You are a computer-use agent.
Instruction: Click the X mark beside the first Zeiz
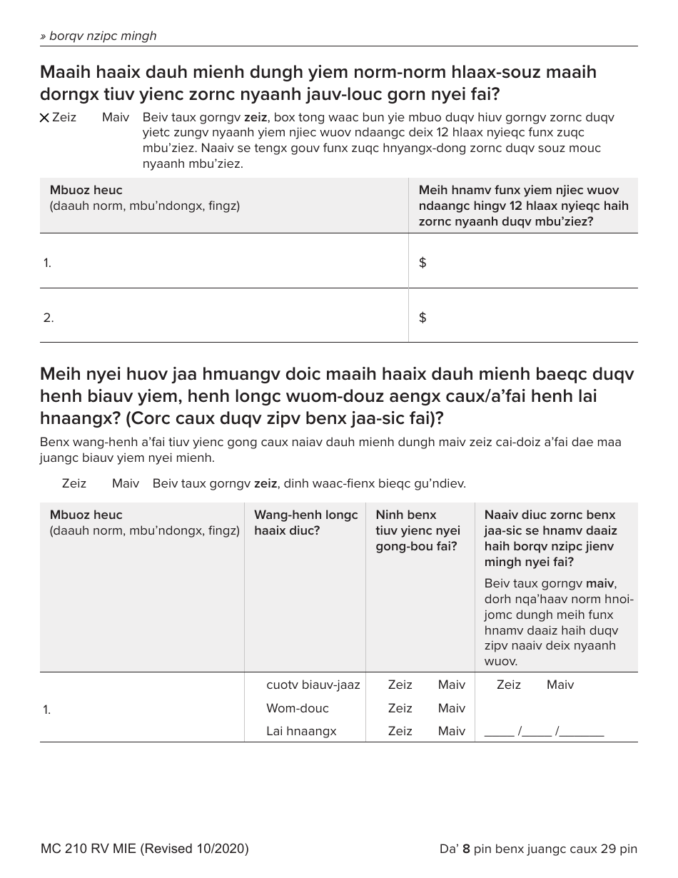[44, 118]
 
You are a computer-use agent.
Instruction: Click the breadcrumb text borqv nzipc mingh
[98, 36]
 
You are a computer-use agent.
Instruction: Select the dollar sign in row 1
[423, 263]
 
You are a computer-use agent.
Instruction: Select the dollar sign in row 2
[423, 318]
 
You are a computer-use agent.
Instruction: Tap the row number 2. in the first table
[48, 318]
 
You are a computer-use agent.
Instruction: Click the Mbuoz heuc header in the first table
[86, 191]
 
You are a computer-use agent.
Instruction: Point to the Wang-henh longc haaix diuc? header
[305, 523]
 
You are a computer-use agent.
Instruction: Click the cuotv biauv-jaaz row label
[313, 685]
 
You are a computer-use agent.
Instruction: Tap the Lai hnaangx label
[300, 731]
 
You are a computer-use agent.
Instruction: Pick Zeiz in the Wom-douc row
[400, 708]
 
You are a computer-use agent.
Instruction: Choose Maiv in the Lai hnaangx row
[451, 731]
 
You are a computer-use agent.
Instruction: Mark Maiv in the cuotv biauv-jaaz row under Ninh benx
[451, 685]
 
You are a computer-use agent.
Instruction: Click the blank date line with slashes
[544, 731]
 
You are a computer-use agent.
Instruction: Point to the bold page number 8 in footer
[466, 849]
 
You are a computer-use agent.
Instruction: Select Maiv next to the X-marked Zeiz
[115, 117]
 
